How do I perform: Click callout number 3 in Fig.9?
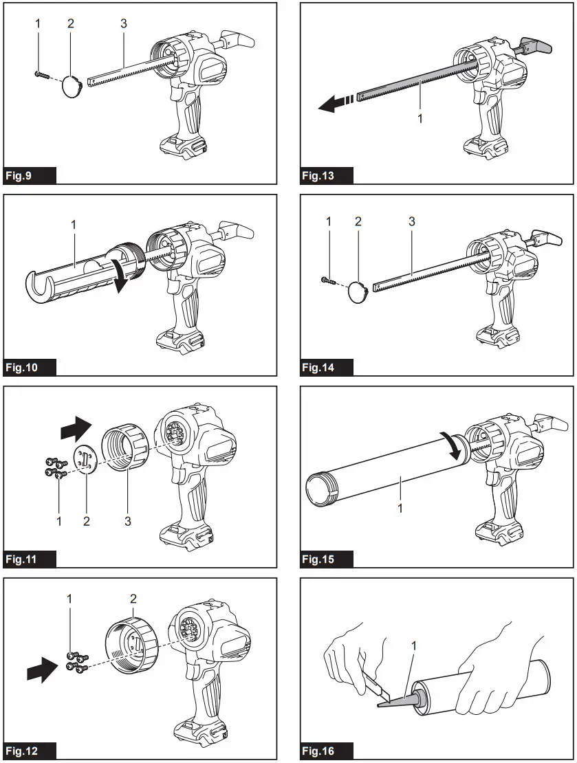pos(123,23)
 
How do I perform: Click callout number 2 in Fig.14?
pos(358,221)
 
